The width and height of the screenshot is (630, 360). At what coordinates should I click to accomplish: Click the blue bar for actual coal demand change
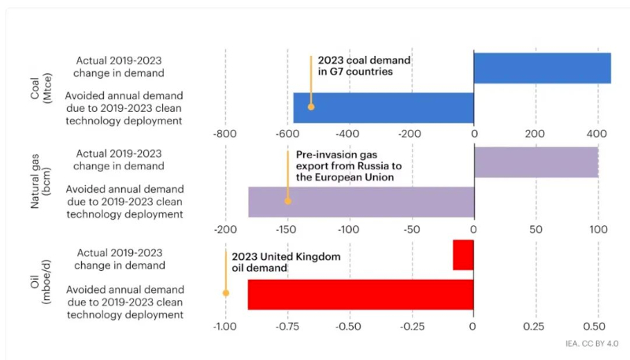tap(542, 68)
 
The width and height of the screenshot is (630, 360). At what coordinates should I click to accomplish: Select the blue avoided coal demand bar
tap(384, 108)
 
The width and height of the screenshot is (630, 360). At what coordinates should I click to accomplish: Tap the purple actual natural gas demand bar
tap(536, 161)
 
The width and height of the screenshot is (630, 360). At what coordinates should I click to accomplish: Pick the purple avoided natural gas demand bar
tap(361, 202)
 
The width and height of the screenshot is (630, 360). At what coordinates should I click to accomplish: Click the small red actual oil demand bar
tap(463, 254)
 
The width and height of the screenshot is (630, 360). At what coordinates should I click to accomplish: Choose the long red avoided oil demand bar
tap(361, 295)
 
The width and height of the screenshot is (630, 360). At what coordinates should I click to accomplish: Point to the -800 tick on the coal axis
tap(224, 135)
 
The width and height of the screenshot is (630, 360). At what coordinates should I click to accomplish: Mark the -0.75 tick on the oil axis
tap(287, 325)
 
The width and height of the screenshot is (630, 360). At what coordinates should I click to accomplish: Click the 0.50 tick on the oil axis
tap(596, 325)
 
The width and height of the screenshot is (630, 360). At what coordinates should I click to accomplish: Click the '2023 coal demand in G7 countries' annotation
tap(365, 65)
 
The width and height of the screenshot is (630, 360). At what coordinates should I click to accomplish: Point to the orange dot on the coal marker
tap(311, 106)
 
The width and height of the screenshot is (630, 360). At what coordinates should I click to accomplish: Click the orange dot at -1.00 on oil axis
tap(226, 292)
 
